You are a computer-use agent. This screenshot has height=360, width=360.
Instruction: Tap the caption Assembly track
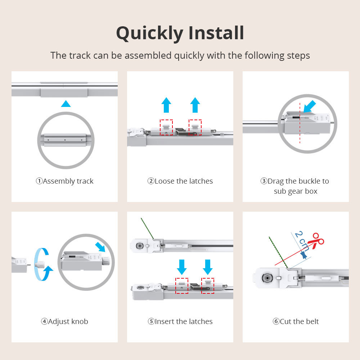64,181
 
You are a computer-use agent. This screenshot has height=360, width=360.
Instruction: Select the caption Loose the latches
180,181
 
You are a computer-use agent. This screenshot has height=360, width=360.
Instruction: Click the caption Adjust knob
64,321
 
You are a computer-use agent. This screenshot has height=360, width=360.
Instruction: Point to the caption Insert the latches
180,321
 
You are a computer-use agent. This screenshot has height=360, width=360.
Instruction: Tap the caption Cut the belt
296,321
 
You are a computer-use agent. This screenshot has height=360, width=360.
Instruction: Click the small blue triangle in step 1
66,104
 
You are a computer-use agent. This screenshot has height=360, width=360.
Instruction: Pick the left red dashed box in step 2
166,127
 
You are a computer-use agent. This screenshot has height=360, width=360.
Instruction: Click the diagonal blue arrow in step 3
309,107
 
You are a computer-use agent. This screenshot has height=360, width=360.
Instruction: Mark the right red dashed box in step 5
208,286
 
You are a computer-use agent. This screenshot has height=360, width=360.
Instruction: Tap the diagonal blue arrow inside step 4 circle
101,248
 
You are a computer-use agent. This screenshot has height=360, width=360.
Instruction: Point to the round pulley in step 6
267,278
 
